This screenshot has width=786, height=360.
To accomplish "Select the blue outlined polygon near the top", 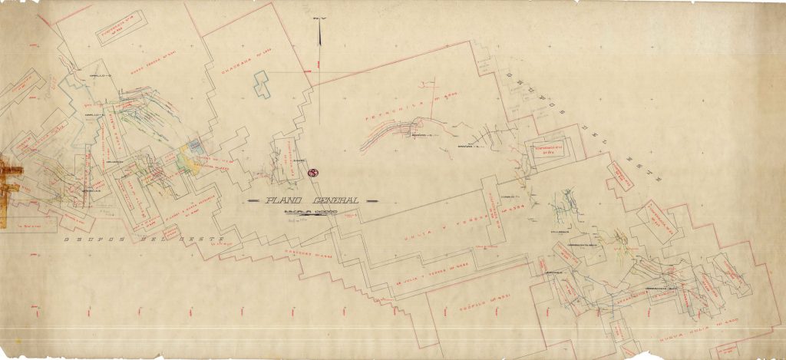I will (x=263, y=82).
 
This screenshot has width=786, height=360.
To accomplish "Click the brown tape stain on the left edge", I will (x=9, y=184).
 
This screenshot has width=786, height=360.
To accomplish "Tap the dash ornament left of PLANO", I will (x=254, y=201).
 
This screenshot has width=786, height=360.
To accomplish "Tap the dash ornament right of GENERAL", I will (x=369, y=201).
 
